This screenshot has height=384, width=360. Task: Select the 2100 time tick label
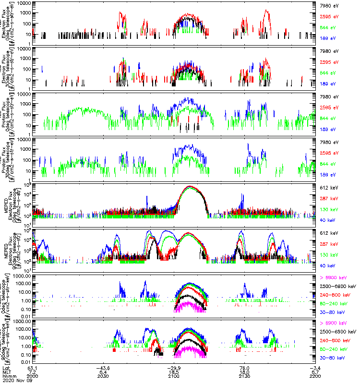(173, 376)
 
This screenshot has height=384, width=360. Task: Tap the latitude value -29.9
(173, 368)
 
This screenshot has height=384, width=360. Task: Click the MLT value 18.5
(173, 372)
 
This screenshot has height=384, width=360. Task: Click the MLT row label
(6, 372)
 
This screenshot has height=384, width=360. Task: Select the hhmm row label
(7, 376)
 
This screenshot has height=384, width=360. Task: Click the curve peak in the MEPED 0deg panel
(191, 186)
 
